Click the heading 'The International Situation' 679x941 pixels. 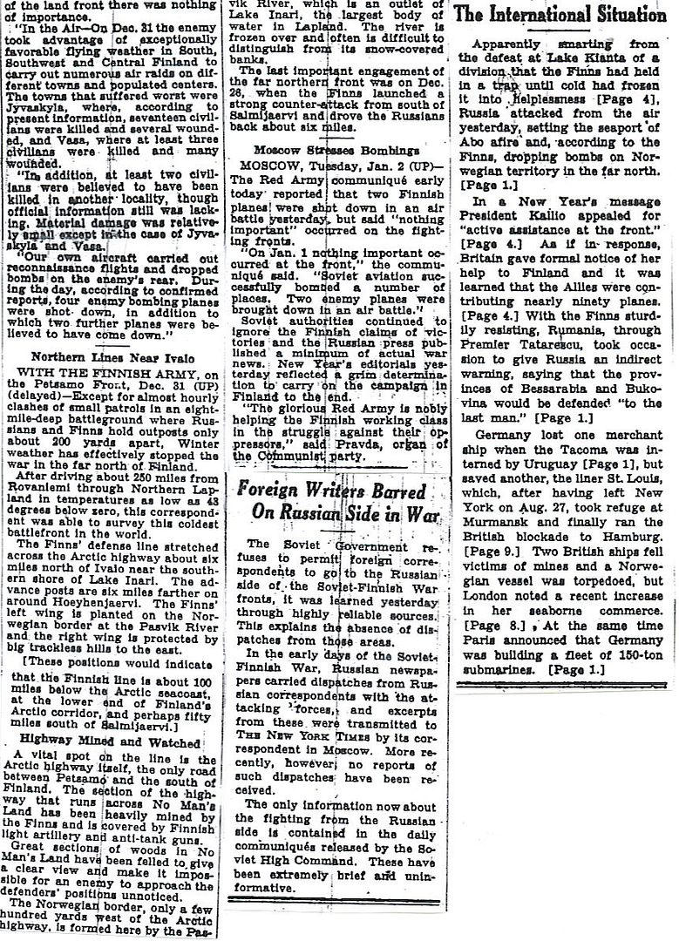561,15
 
